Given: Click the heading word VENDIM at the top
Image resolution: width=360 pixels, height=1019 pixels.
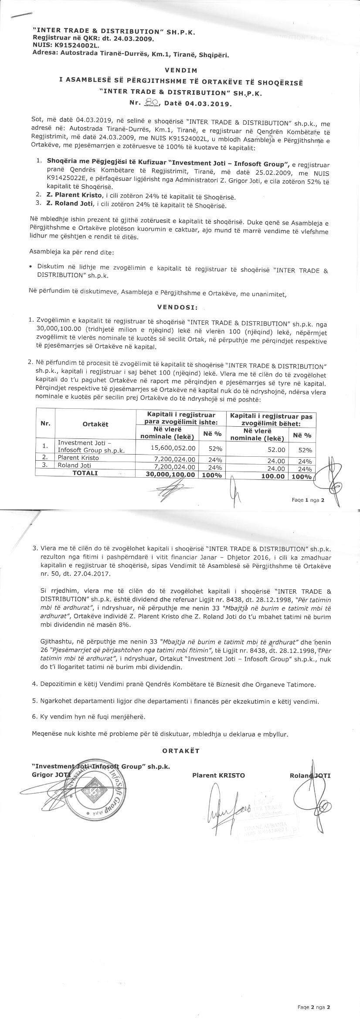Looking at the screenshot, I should [x=181, y=70].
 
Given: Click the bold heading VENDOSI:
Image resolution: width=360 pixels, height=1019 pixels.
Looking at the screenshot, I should [x=177, y=307].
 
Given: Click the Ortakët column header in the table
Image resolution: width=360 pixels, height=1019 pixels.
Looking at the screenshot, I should [x=95, y=424].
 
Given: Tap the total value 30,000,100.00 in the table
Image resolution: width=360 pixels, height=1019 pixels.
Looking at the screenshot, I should [x=170, y=475].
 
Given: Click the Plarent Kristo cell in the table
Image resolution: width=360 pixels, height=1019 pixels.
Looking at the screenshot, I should [x=79, y=458].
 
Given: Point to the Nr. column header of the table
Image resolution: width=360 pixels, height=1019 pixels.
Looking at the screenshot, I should [x=45, y=423].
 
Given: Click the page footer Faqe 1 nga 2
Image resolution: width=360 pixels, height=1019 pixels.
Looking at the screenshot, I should [x=308, y=500].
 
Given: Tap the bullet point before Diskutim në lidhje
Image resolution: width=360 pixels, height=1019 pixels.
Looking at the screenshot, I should [x=30, y=266].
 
